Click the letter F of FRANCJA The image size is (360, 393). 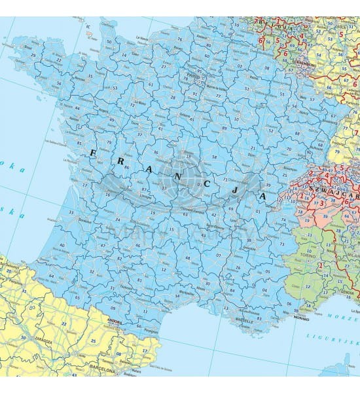92,153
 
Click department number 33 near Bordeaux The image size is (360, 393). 70,212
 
